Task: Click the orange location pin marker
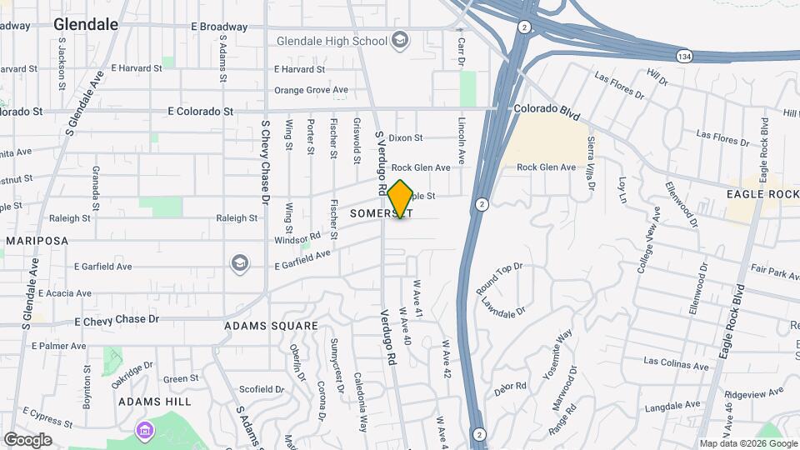coord(400,199)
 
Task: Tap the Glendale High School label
coord(332,41)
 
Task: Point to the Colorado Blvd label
coord(546,109)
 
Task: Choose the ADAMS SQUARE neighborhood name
coord(271,326)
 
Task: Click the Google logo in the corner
coord(27,440)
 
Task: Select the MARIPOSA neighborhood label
coord(37,241)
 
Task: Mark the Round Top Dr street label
coord(498,279)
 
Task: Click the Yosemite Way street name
coord(557,355)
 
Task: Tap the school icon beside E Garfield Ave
coord(239,263)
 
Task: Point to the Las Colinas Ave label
coord(676,361)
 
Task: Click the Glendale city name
coord(86,25)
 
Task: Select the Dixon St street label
coord(406,137)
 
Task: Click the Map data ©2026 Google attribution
coord(748,443)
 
